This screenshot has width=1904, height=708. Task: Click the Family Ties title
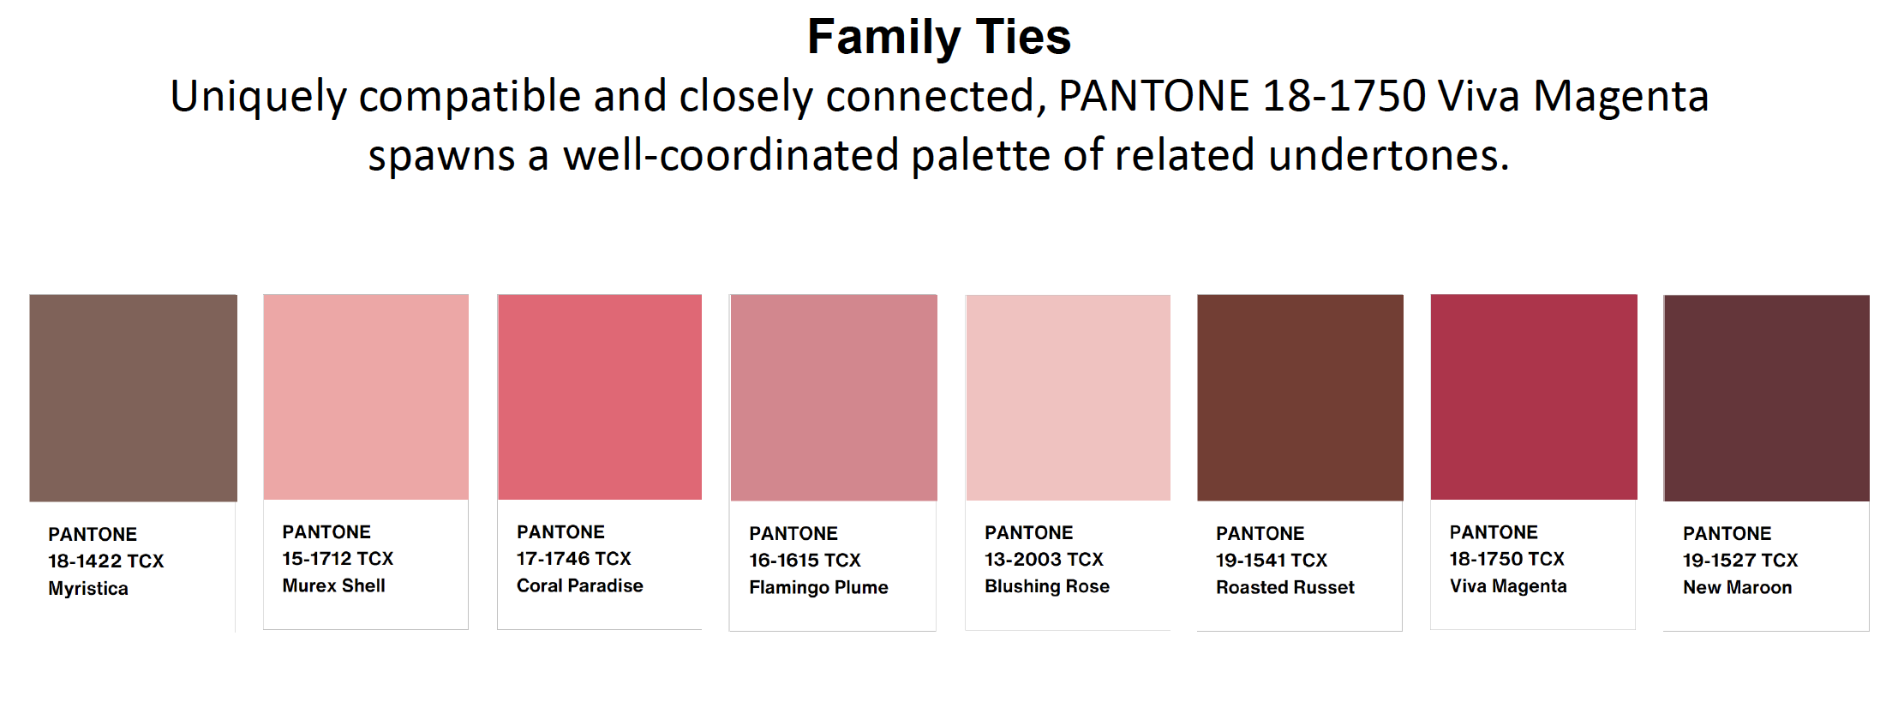pyautogui.click(x=939, y=38)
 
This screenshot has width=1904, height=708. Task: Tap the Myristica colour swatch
pyautogui.click(x=133, y=398)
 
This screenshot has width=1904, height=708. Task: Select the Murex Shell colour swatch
pyautogui.click(x=366, y=397)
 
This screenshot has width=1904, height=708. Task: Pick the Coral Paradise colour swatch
pyautogui.click(x=600, y=397)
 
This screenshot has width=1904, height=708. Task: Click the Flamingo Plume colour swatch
pyautogui.click(x=834, y=398)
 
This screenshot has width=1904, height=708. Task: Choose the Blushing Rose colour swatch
pyautogui.click(x=1068, y=398)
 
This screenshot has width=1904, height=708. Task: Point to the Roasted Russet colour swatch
pyautogui.click(x=1300, y=398)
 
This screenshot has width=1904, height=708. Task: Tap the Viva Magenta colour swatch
pyautogui.click(x=1534, y=397)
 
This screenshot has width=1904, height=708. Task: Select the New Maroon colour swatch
pyautogui.click(x=1766, y=398)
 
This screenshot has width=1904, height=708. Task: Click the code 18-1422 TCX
pyautogui.click(x=106, y=561)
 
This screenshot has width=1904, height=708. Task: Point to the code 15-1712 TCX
pyautogui.click(x=338, y=559)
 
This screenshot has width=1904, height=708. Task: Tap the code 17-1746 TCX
pyautogui.click(x=573, y=559)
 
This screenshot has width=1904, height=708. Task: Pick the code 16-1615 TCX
pyautogui.click(x=805, y=561)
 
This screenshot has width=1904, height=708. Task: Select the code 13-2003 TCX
pyautogui.click(x=1044, y=560)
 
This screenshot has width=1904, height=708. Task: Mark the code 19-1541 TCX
pyautogui.click(x=1272, y=561)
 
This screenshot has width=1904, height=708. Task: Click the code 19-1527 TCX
pyautogui.click(x=1740, y=561)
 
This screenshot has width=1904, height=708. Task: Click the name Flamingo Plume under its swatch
pyautogui.click(x=818, y=588)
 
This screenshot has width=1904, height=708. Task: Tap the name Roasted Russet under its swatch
pyautogui.click(x=1285, y=588)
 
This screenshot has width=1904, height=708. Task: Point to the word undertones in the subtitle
pyautogui.click(x=1388, y=156)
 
